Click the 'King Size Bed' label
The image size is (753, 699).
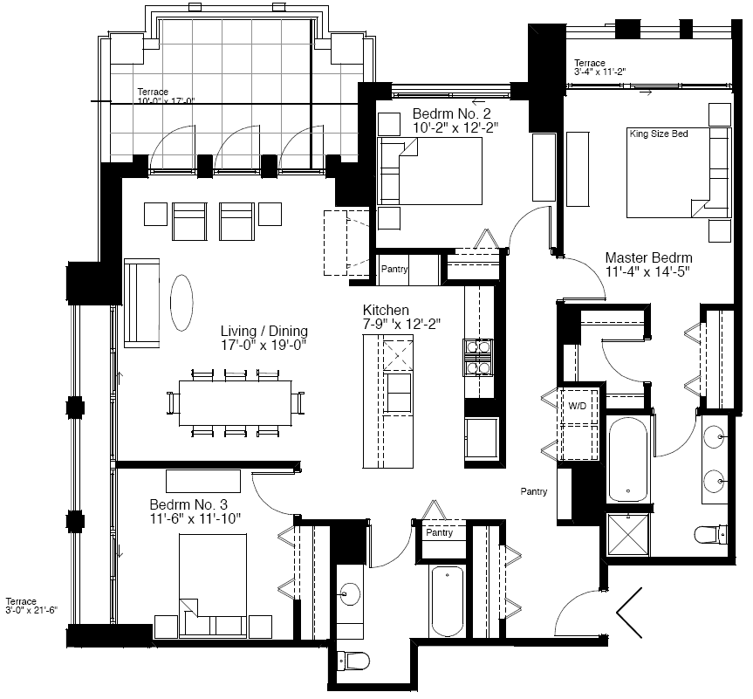pyautogui.click(x=659, y=134)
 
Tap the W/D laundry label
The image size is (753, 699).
pyautogui.click(x=578, y=406)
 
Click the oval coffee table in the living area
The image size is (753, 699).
pyautogui.click(x=181, y=302)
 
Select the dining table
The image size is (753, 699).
pyautogui.click(x=236, y=402)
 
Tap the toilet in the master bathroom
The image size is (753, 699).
pyautogui.click(x=711, y=534)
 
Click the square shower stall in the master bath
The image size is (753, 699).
pyautogui.click(x=628, y=534)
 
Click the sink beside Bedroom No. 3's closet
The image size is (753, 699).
pyautogui.click(x=350, y=594)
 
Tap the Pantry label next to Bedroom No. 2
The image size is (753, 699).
pyautogui.click(x=394, y=269)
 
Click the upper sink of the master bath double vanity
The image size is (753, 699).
pyautogui.click(x=714, y=437)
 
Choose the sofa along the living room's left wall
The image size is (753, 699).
pyautogui.click(x=141, y=303)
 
